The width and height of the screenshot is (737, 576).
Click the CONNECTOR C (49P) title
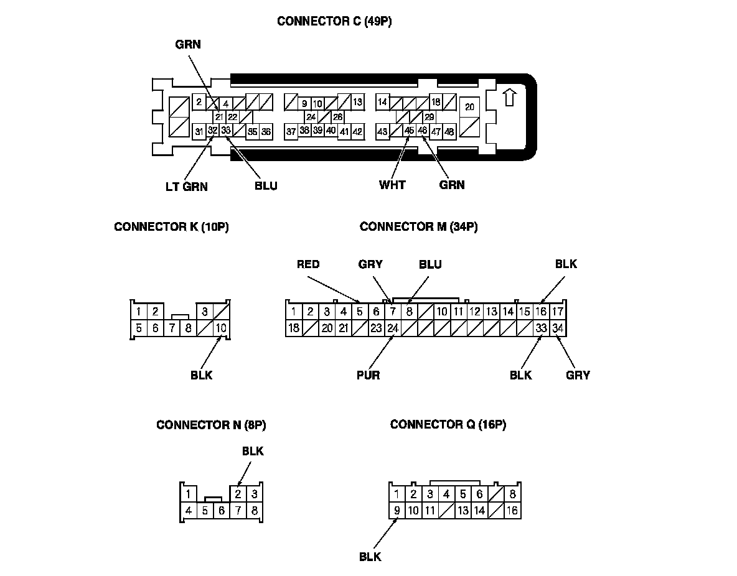click(334, 21)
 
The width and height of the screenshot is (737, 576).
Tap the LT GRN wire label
click(187, 186)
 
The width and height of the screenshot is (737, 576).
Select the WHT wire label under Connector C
click(392, 185)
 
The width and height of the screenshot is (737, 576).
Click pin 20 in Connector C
click(470, 107)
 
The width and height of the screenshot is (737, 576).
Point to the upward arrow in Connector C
click(509, 98)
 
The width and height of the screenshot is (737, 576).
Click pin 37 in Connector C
click(291, 131)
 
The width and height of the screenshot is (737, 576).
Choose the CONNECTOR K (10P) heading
click(171, 227)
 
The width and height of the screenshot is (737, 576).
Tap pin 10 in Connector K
click(221, 328)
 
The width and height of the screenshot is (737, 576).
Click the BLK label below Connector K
click(202, 375)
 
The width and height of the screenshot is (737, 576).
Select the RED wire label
click(308, 264)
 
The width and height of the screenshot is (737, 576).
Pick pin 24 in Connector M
click(392, 328)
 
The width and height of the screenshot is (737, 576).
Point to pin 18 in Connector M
click(294, 328)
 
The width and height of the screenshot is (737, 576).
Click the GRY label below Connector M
click(578, 375)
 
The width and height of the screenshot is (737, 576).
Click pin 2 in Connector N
click(238, 495)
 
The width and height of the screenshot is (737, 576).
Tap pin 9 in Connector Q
click(397, 511)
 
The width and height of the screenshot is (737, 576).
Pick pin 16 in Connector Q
click(512, 511)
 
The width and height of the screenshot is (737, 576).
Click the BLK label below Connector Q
click(370, 557)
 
